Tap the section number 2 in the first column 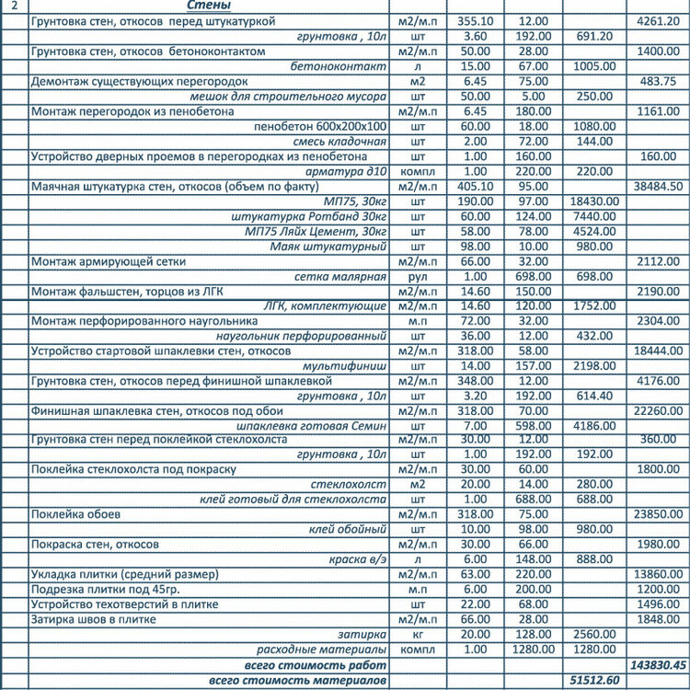tap(13, 6)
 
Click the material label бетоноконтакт tap(338, 66)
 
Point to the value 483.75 tap(661, 81)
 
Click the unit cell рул tap(419, 276)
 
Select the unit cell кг tap(419, 634)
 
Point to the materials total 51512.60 tap(593, 680)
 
